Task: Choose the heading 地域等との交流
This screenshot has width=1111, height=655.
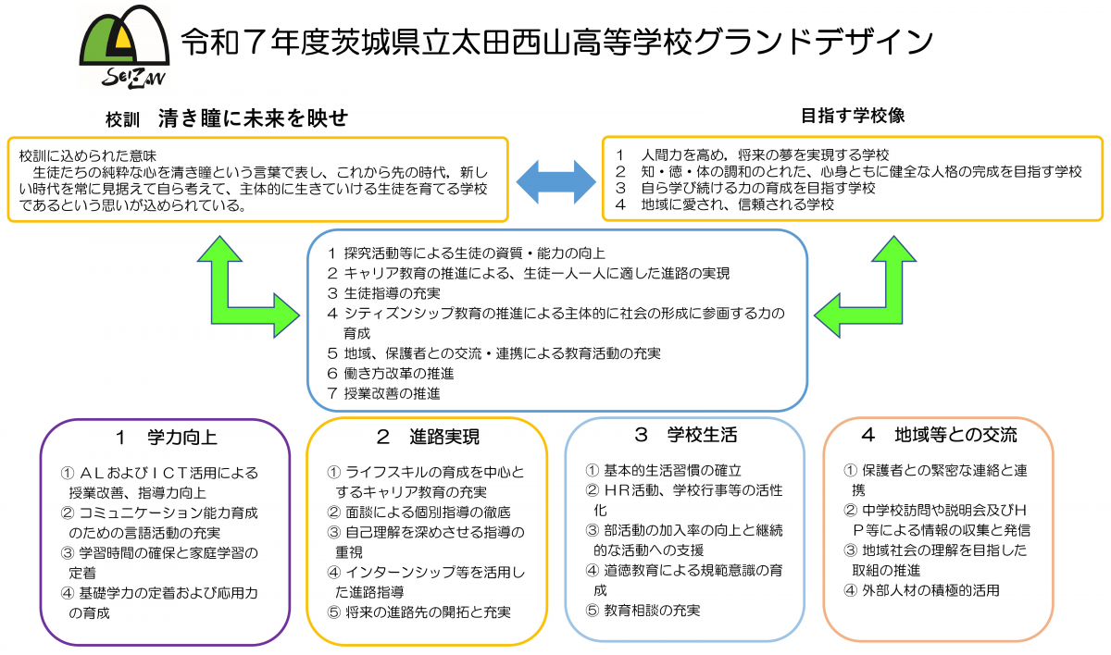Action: click(x=939, y=435)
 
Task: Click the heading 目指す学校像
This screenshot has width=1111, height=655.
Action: click(x=852, y=116)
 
